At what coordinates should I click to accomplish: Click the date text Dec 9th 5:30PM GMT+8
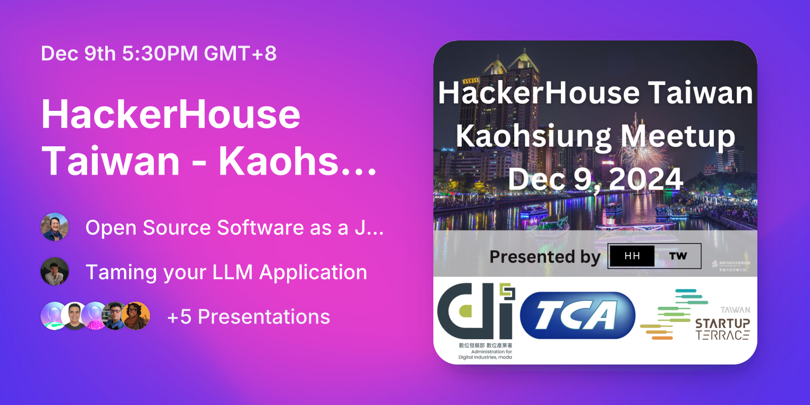(x=158, y=54)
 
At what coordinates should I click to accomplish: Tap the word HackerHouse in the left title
(x=171, y=115)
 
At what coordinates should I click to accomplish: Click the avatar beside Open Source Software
(x=55, y=227)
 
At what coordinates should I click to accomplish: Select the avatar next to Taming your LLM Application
(x=55, y=271)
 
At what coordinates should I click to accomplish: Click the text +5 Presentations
(x=249, y=317)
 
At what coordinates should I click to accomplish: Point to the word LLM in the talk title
(x=232, y=272)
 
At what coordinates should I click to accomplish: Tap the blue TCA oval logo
(x=577, y=315)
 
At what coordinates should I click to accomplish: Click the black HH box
(x=632, y=256)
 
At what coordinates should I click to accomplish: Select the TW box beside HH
(x=678, y=256)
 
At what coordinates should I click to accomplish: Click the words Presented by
(x=545, y=257)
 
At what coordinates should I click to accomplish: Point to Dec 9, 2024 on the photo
(x=595, y=179)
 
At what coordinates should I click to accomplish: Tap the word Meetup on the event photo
(x=678, y=137)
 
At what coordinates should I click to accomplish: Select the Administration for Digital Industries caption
(x=485, y=354)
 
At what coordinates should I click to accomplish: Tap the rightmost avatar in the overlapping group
(x=136, y=316)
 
